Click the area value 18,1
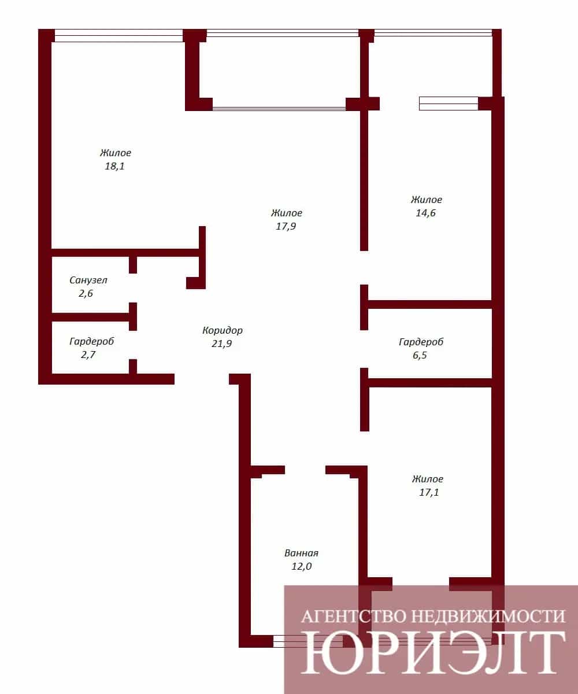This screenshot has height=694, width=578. [114, 166]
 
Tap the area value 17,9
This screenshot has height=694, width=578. [286, 226]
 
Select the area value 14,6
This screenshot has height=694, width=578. [425, 213]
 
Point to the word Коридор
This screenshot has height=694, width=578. [222, 330]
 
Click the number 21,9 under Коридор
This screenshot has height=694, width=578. [221, 344]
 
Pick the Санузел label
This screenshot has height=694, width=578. [88, 280]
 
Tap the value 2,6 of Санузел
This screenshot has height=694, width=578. [86, 293]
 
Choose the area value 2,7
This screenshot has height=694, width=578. [88, 355]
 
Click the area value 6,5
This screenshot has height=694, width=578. [420, 355]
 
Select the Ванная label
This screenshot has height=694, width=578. [301, 553]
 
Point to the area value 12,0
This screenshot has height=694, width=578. [301, 566]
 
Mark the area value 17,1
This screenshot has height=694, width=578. [429, 492]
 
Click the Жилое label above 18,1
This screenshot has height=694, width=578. [116, 153]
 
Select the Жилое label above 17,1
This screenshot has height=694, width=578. [428, 479]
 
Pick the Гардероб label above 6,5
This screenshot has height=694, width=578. [421, 342]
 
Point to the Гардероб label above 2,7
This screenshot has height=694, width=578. [92, 341]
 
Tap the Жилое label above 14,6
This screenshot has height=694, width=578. [427, 200]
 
